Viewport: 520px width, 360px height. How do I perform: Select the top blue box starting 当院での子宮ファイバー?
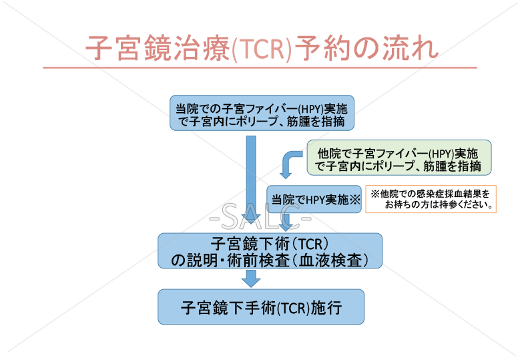[261, 114]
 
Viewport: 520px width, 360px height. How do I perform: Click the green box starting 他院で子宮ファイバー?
[399, 158]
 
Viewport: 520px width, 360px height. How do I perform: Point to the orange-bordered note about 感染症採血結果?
[431, 199]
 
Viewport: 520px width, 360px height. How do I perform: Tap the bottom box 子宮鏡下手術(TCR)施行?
[261, 307]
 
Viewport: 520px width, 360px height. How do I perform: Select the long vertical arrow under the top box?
[251, 180]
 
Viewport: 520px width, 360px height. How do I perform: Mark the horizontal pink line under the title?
[260, 67]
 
